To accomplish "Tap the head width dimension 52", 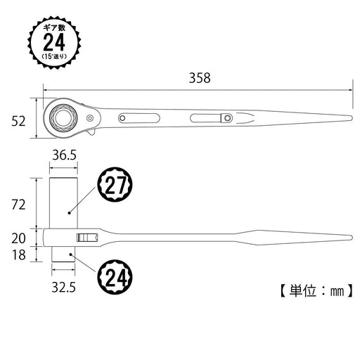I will point(19,120).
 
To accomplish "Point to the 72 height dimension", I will point(19,205).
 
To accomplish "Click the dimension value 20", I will point(19,238).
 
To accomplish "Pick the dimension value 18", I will point(19,255).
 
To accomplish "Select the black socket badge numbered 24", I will point(115,277).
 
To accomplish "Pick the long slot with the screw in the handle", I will point(211,117).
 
